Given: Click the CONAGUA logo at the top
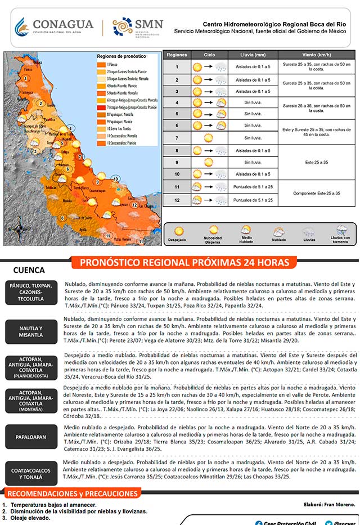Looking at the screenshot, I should pyautogui.click(x=53, y=26).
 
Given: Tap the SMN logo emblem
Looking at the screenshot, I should pyautogui.click(x=123, y=26).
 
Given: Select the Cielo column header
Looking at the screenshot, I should pyautogui.click(x=209, y=55).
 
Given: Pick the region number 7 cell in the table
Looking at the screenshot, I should pyautogui.click(x=177, y=138).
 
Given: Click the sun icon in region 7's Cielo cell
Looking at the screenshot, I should pyautogui.click(x=209, y=138).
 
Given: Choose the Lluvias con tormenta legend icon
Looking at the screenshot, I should pyautogui.click(x=341, y=230).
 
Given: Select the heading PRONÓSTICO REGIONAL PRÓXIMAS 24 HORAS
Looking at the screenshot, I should pyautogui.click(x=184, y=263).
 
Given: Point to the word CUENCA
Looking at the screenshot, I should pyautogui.click(x=29, y=270).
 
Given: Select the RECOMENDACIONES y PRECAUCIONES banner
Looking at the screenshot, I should pyautogui.click(x=73, y=494).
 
